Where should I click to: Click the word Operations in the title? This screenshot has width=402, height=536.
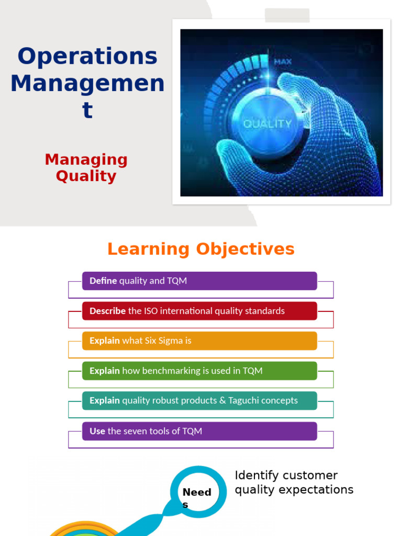(x=87, y=57)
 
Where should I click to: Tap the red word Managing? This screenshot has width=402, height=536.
(x=86, y=159)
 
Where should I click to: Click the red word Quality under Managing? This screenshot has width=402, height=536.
(x=86, y=176)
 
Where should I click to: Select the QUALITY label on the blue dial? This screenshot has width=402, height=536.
(x=267, y=124)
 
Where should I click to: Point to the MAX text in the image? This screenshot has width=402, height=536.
(x=283, y=62)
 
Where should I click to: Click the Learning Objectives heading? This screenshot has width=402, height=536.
(x=201, y=249)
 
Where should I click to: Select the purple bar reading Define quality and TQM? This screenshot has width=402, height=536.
(x=199, y=281)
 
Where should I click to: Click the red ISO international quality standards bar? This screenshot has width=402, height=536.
(x=199, y=311)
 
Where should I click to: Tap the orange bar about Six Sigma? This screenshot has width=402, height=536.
(x=199, y=341)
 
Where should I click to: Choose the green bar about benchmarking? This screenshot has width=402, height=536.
(x=199, y=371)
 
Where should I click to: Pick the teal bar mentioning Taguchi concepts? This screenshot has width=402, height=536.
(x=199, y=400)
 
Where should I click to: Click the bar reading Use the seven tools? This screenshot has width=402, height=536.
(x=199, y=431)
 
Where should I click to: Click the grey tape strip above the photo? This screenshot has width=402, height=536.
(x=287, y=16)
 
